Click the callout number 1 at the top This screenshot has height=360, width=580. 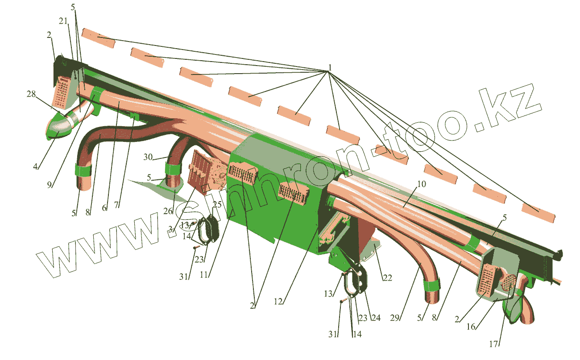(329, 68)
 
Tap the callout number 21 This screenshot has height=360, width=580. (62, 21)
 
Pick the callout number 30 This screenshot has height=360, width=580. (149, 157)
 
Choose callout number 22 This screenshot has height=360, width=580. (387, 278)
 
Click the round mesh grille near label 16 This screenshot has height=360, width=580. (509, 283)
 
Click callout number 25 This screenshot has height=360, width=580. (217, 204)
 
